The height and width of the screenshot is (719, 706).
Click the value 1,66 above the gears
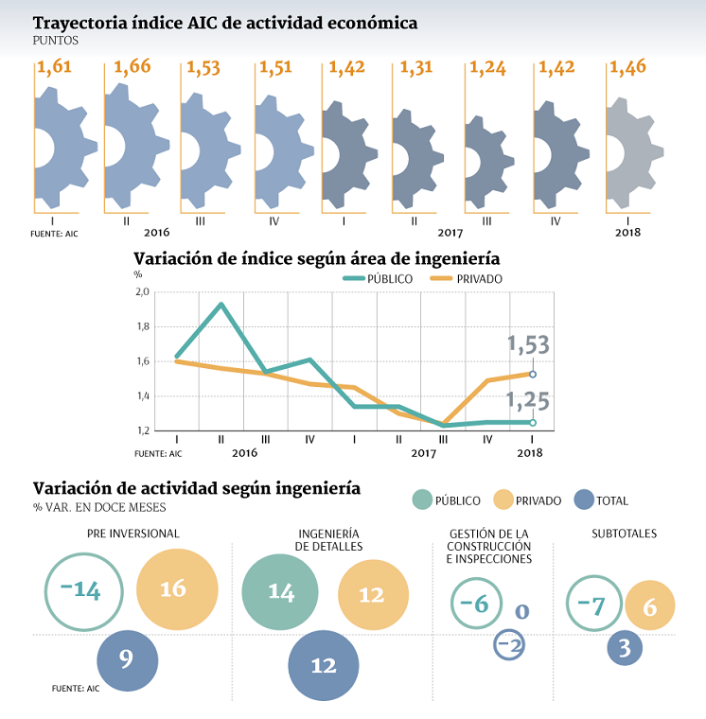(x=132, y=69)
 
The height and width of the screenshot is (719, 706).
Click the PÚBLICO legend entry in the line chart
(x=379, y=279)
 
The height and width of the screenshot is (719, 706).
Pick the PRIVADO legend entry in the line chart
(x=467, y=279)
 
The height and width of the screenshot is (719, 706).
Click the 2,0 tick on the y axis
(x=142, y=292)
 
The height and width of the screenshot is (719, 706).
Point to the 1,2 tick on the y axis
(x=142, y=430)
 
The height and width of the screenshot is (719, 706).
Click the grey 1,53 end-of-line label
(x=528, y=346)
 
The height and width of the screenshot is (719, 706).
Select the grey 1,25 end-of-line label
(x=528, y=402)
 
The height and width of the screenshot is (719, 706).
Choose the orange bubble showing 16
(x=172, y=588)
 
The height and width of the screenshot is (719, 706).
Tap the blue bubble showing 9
(x=127, y=658)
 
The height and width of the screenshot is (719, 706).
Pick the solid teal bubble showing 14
(x=280, y=591)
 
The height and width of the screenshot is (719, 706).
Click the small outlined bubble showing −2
(x=508, y=645)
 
